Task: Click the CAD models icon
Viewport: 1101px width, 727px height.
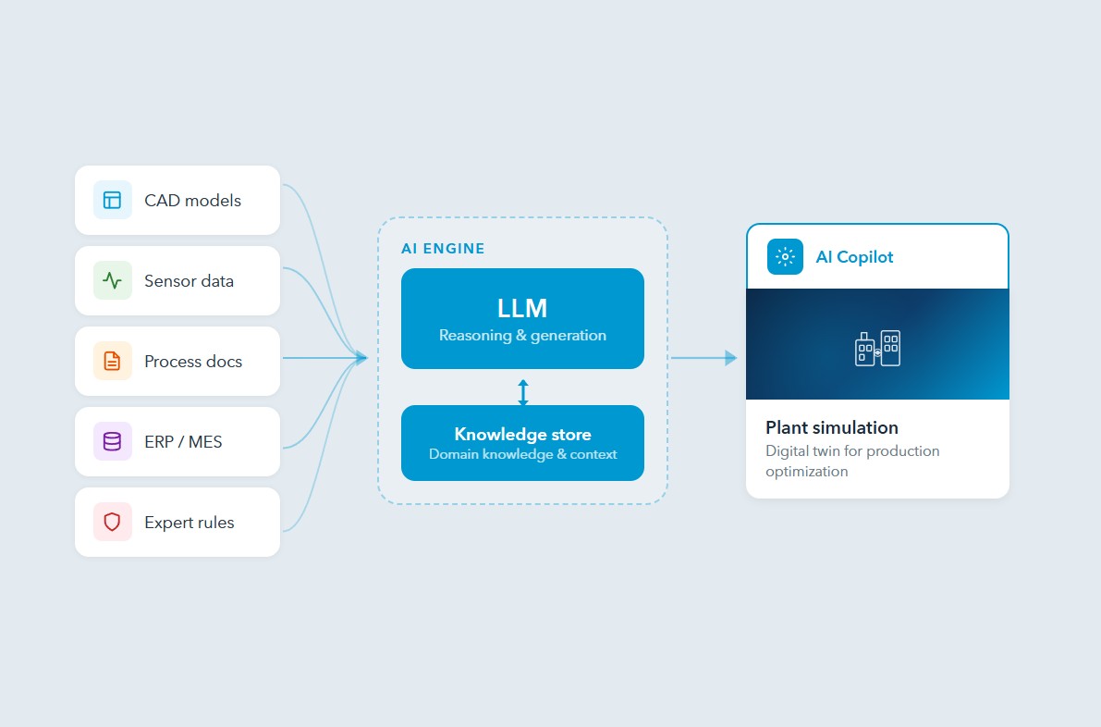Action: pos(112,200)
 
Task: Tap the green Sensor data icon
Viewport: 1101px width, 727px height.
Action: pos(112,280)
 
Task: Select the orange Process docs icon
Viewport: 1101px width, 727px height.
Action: pos(112,361)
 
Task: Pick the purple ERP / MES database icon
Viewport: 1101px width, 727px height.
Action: pos(112,441)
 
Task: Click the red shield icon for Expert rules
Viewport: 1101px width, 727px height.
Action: pos(112,522)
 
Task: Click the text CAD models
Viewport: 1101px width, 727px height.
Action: pos(192,201)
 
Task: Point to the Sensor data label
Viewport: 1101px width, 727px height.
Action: pos(189,281)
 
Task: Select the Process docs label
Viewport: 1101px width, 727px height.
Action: pos(193,362)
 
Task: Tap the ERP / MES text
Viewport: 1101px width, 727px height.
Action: pos(183,442)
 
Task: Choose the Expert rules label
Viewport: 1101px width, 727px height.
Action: pos(190,523)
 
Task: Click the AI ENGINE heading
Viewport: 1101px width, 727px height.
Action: pos(443,249)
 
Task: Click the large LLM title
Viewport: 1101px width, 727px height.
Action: pos(522,308)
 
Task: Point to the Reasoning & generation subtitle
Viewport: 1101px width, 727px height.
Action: pos(522,335)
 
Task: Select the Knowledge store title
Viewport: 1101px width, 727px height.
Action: pos(522,435)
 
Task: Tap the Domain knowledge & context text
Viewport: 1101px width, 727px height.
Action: pos(522,454)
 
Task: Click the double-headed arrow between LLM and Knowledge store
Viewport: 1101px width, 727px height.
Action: pos(523,392)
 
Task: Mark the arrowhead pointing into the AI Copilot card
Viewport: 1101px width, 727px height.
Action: pos(731,358)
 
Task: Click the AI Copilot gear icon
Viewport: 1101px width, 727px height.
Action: pos(785,257)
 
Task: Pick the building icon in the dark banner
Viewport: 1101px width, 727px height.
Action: pos(877,348)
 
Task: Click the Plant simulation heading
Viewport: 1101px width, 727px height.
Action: pos(832,428)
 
